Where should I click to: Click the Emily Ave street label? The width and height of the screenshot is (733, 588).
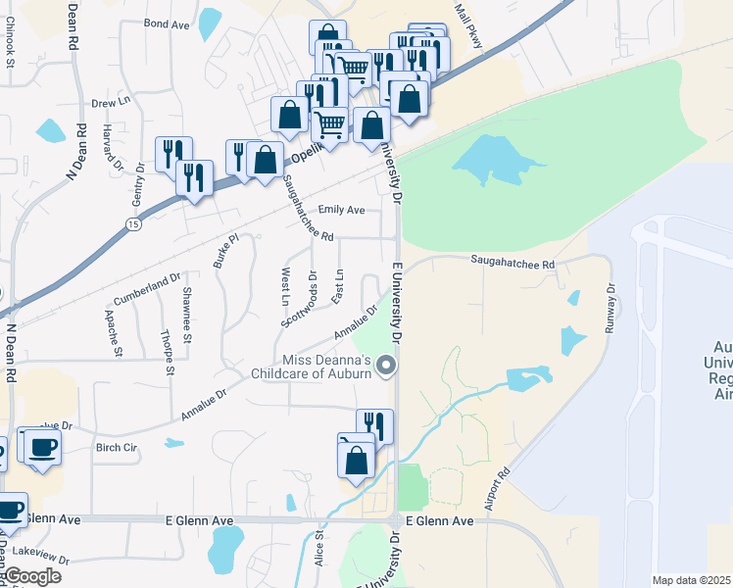(341, 210)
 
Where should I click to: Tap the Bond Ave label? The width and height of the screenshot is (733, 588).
(165, 23)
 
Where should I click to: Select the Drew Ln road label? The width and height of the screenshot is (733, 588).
(111, 102)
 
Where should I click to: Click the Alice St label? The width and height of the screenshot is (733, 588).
(319, 550)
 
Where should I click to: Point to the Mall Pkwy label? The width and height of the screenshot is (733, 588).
(469, 20)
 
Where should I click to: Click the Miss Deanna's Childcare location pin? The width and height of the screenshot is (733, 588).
(386, 367)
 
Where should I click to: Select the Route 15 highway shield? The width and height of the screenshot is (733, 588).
(132, 224)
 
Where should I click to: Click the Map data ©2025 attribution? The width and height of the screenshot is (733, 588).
(692, 580)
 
